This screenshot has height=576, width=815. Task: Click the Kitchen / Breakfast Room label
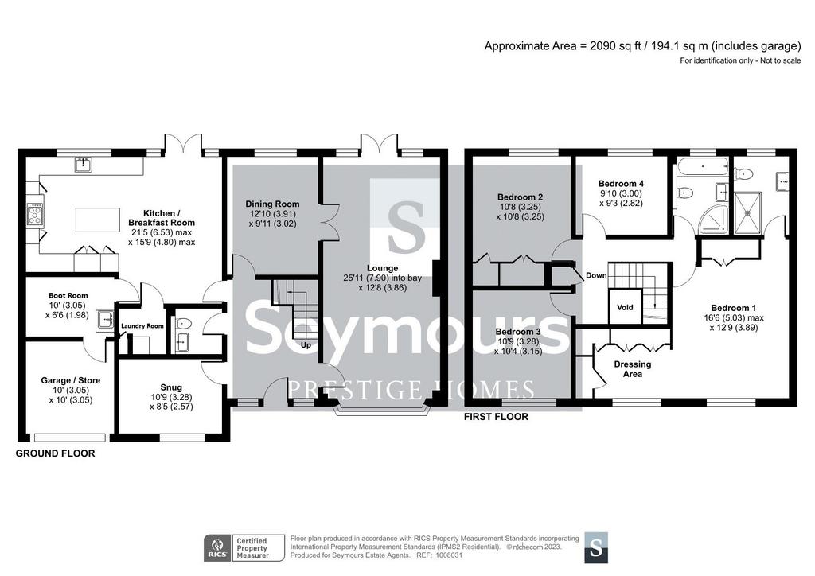pos(161,218)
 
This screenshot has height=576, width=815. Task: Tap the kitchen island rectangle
pos(97,220)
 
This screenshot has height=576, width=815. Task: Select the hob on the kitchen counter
pos(35,214)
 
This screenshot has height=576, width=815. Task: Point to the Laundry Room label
pos(142,326)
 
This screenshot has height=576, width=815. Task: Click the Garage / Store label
pos(71,380)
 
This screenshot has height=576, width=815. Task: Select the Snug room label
pos(171,387)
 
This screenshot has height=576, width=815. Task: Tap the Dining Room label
pos(272,204)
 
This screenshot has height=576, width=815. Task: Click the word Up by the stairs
pos(306,344)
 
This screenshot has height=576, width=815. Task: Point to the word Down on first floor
pos(596,275)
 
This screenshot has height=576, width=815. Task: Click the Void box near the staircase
pos(626,307)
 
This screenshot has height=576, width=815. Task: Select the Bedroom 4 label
pos(621,183)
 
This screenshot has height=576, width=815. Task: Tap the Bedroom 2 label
pos(521,197)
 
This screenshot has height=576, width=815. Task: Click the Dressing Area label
pos(633,369)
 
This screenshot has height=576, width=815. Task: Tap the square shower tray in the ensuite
pos(749,212)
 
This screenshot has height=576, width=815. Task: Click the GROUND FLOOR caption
pos(56,453)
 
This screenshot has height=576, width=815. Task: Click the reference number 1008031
pos(449,555)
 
